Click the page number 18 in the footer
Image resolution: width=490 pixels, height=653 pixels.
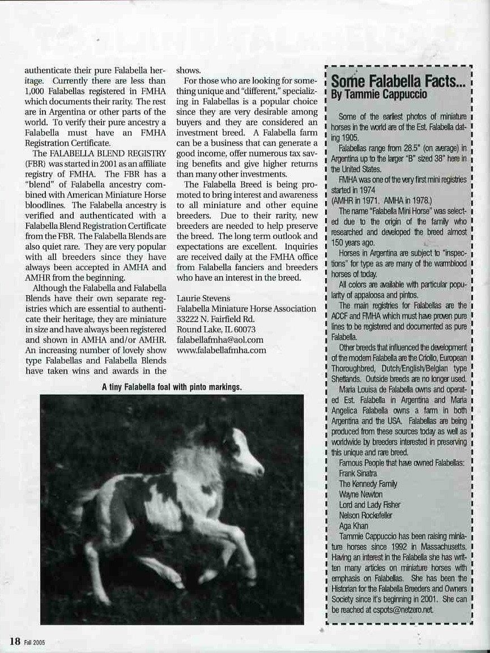[14, 641]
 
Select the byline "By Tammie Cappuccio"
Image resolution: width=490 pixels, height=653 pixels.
[372, 95]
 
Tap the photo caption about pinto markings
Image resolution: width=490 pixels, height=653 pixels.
[172, 387]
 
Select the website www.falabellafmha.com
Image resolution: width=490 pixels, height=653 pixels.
[221, 350]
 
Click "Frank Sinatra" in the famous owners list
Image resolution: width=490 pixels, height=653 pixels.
[358, 473]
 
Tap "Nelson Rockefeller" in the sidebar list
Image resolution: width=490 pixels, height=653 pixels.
[365, 515]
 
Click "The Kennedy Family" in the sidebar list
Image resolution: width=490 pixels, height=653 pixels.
[368, 484]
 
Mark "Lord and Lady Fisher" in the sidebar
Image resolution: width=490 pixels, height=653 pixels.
[369, 505]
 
